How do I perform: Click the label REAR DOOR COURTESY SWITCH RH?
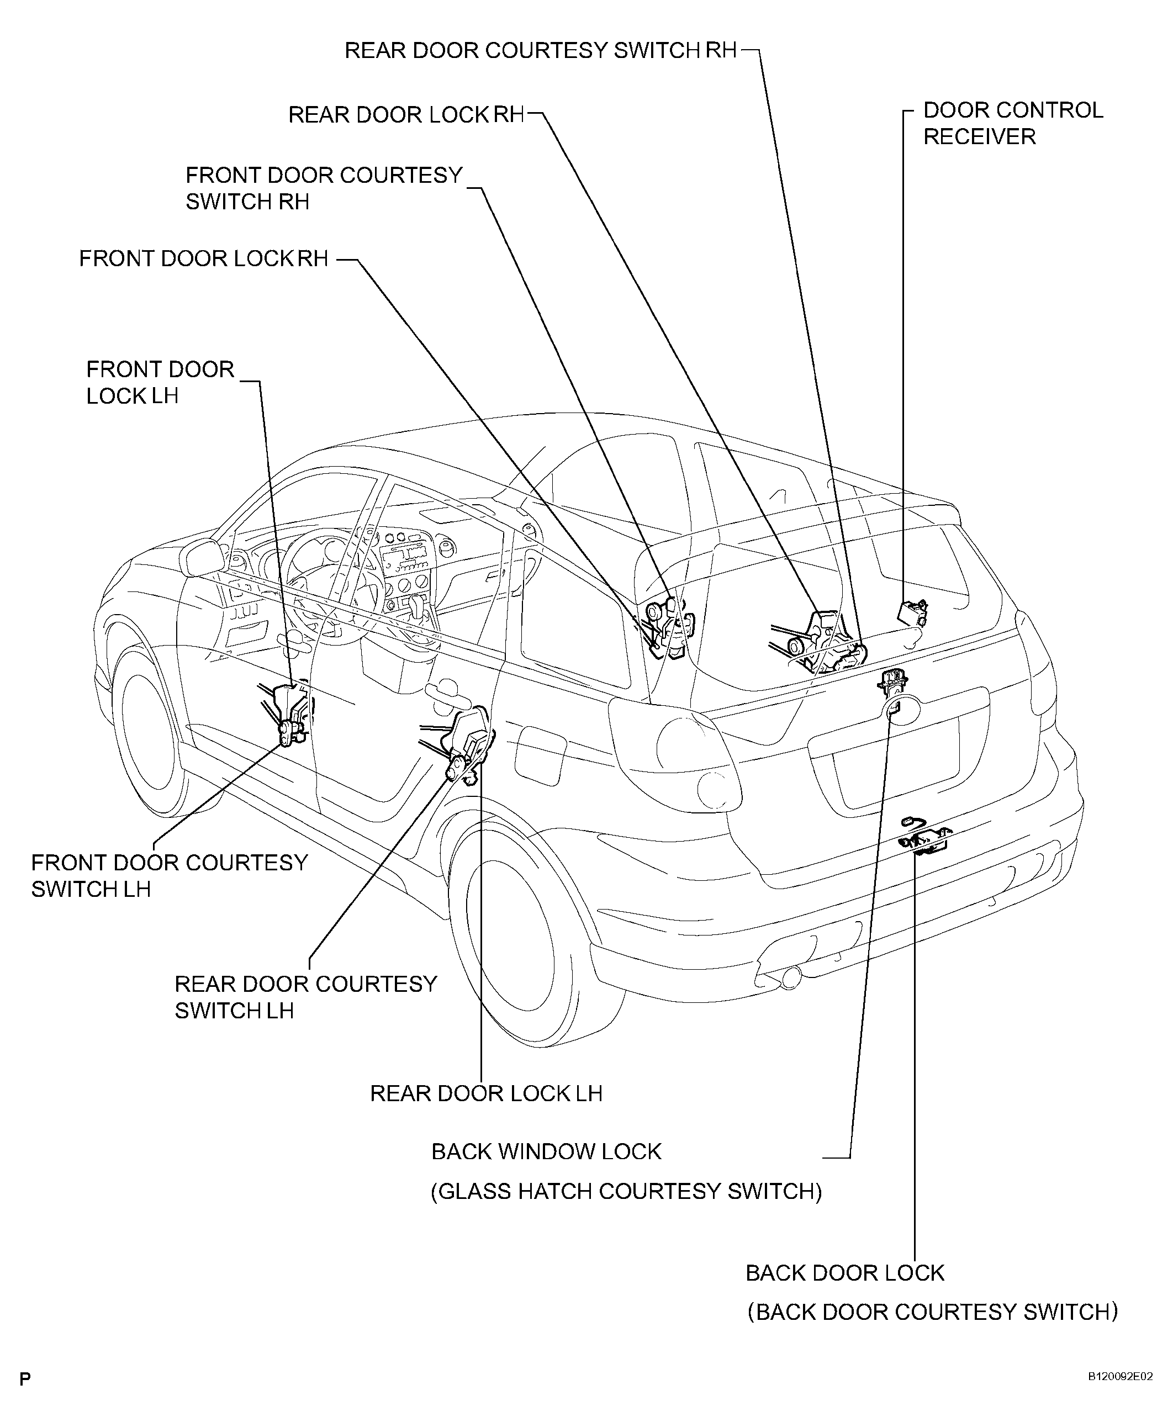tap(541, 51)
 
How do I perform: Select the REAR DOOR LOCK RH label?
tap(406, 115)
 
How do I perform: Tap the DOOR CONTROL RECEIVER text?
tap(1013, 123)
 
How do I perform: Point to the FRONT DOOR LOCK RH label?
tap(203, 259)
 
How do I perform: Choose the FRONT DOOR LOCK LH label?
tap(160, 382)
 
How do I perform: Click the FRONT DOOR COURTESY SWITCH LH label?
tap(170, 876)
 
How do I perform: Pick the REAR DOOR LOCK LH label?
tap(486, 1094)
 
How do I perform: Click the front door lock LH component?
tap(288, 715)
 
